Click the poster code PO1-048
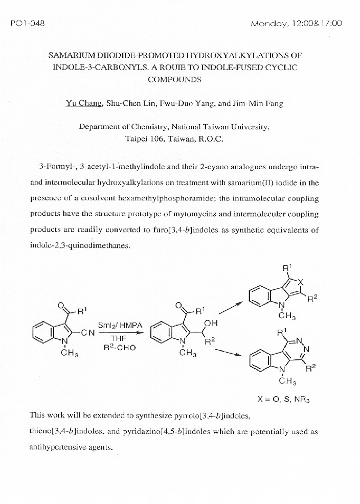[x=28, y=24]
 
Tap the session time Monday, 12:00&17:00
[x=297, y=24]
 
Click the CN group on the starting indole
[x=87, y=333]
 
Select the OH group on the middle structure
[x=210, y=323]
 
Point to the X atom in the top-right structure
[x=301, y=282]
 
